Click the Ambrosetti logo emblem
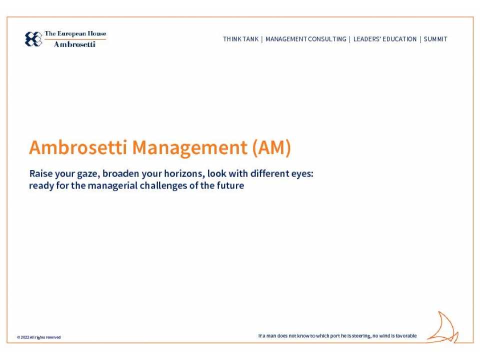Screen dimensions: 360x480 pos(33,39)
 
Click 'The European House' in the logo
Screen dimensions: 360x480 pos(75,34)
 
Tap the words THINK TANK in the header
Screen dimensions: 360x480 pos(240,39)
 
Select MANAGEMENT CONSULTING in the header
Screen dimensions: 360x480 pos(306,39)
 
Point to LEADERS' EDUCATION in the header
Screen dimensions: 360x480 pos(385,39)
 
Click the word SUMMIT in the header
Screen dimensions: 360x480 pos(435,39)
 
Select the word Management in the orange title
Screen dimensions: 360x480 pos(189,148)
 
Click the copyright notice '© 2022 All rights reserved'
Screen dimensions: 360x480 pos(39,337)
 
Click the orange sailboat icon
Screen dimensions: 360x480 pos(443,328)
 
